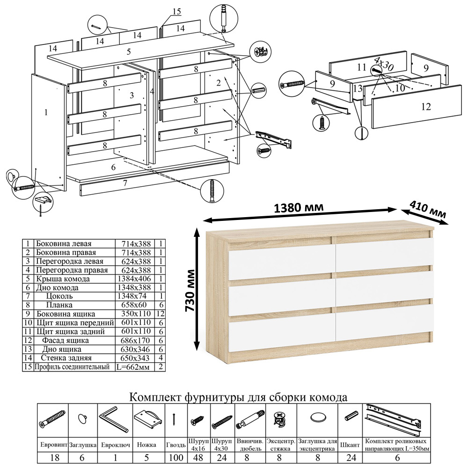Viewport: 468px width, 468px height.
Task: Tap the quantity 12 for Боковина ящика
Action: point(161,314)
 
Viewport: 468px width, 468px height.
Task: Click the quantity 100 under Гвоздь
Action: point(176,457)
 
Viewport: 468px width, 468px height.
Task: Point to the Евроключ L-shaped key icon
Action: point(113,420)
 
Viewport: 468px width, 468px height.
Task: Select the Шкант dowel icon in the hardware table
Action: point(351,416)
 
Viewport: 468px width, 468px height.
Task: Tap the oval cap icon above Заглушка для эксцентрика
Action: point(318,417)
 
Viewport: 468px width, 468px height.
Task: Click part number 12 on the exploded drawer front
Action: point(425,107)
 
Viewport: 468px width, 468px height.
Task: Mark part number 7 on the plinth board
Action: point(125,183)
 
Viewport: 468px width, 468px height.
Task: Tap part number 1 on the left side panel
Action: point(46,112)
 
